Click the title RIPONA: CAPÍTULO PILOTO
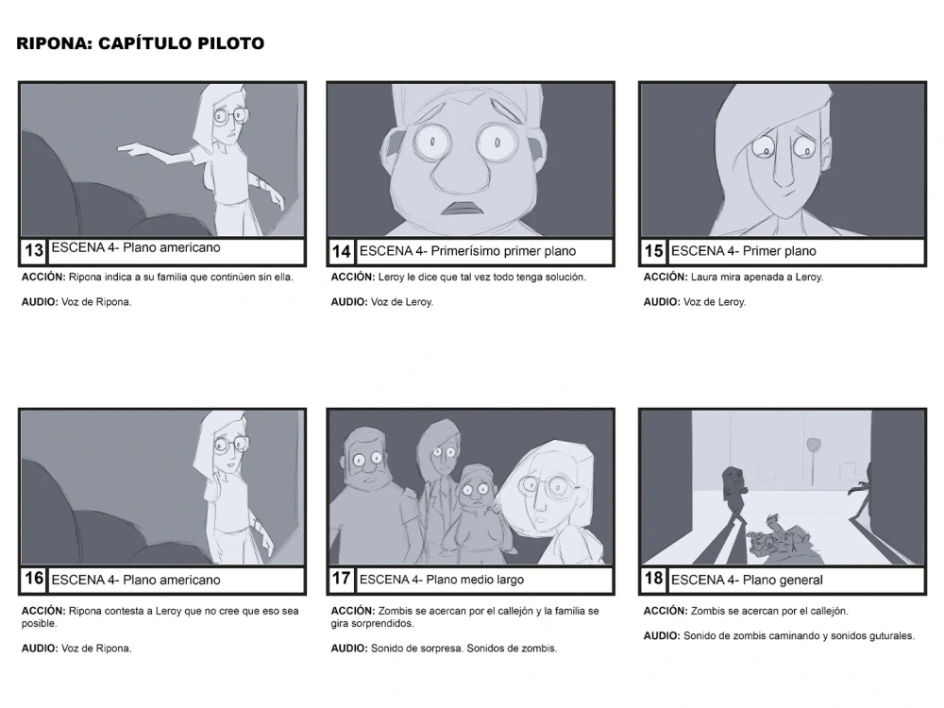[x=140, y=43]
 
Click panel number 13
[x=34, y=250]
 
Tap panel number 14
[x=341, y=252]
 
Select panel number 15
[x=654, y=251]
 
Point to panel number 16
[x=34, y=579]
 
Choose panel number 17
[x=341, y=579]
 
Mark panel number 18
[x=654, y=579]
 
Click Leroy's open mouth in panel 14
[x=460, y=209]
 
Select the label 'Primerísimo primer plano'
[x=503, y=251]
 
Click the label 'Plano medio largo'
[x=475, y=580]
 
